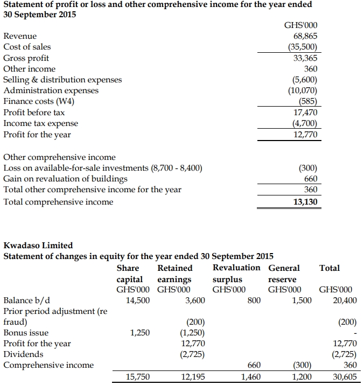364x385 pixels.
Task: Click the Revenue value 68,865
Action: pos(304,36)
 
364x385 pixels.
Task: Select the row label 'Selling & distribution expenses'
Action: pos(62,80)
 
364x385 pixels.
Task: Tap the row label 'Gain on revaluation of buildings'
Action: pos(66,178)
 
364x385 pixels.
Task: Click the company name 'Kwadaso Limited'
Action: pos(38,246)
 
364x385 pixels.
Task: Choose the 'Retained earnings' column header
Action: pos(174,274)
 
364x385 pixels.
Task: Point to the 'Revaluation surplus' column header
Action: pos(236,274)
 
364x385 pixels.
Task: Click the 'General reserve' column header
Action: pos(284,274)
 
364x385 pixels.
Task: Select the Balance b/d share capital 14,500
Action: pos(138,300)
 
